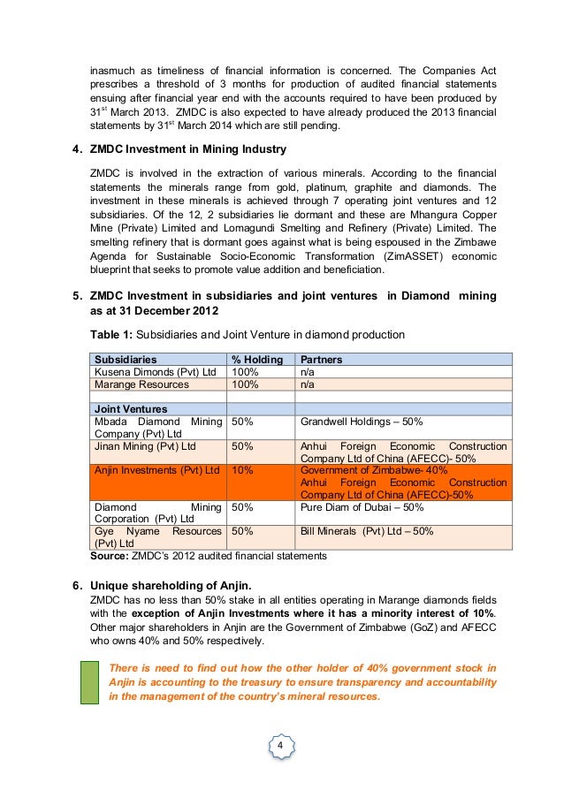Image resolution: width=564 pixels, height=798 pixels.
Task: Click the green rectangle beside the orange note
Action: click(x=89, y=681)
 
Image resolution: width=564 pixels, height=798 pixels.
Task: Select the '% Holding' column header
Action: click(x=256, y=360)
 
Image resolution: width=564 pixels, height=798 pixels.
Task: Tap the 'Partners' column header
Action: click(x=321, y=360)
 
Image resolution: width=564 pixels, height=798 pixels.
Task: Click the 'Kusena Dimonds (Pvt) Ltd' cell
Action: click(x=155, y=372)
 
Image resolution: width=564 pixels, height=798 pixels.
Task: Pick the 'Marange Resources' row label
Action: click(x=141, y=384)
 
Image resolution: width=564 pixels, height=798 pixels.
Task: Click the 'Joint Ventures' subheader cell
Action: click(x=129, y=409)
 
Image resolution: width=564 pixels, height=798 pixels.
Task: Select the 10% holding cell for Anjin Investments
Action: click(x=243, y=470)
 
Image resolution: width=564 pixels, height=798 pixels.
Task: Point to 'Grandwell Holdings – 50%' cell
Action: click(x=362, y=422)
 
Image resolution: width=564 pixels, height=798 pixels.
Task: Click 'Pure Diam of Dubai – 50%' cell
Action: click(x=362, y=507)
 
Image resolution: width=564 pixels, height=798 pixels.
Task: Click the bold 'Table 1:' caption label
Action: click(x=110, y=335)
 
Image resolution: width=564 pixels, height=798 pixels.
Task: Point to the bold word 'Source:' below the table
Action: click(x=111, y=556)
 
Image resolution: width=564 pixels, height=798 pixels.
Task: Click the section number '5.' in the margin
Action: click(x=77, y=296)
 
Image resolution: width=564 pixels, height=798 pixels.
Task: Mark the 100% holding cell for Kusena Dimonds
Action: click(x=245, y=372)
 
